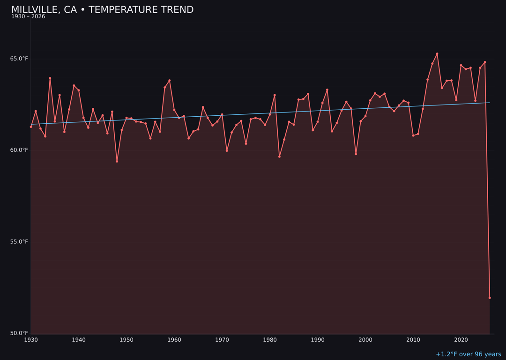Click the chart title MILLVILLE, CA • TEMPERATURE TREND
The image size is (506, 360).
tap(102, 10)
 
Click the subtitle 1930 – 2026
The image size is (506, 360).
tap(28, 17)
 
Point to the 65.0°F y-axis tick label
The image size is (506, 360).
tap(20, 59)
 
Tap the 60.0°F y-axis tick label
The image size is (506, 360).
tap(20, 150)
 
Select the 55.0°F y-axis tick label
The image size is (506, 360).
tap(20, 242)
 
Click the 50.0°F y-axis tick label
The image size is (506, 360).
tap(20, 333)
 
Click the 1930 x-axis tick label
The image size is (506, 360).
tap(31, 340)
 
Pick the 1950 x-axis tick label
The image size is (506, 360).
tap(126, 340)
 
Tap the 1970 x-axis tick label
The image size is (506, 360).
tap(222, 340)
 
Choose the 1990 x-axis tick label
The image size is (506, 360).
tap(318, 340)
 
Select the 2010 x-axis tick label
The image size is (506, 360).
tap(413, 340)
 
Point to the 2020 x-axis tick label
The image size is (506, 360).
tap(461, 340)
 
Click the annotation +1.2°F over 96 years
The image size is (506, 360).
tap(468, 354)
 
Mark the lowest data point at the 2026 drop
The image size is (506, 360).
tap(490, 298)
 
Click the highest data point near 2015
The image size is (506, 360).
tap(437, 54)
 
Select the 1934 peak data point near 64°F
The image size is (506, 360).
tap(50, 78)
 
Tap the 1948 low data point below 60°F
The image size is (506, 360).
tap(117, 161)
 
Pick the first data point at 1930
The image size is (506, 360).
tap(31, 127)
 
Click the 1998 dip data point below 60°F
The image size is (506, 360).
tap(356, 154)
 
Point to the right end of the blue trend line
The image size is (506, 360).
tap(490, 103)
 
